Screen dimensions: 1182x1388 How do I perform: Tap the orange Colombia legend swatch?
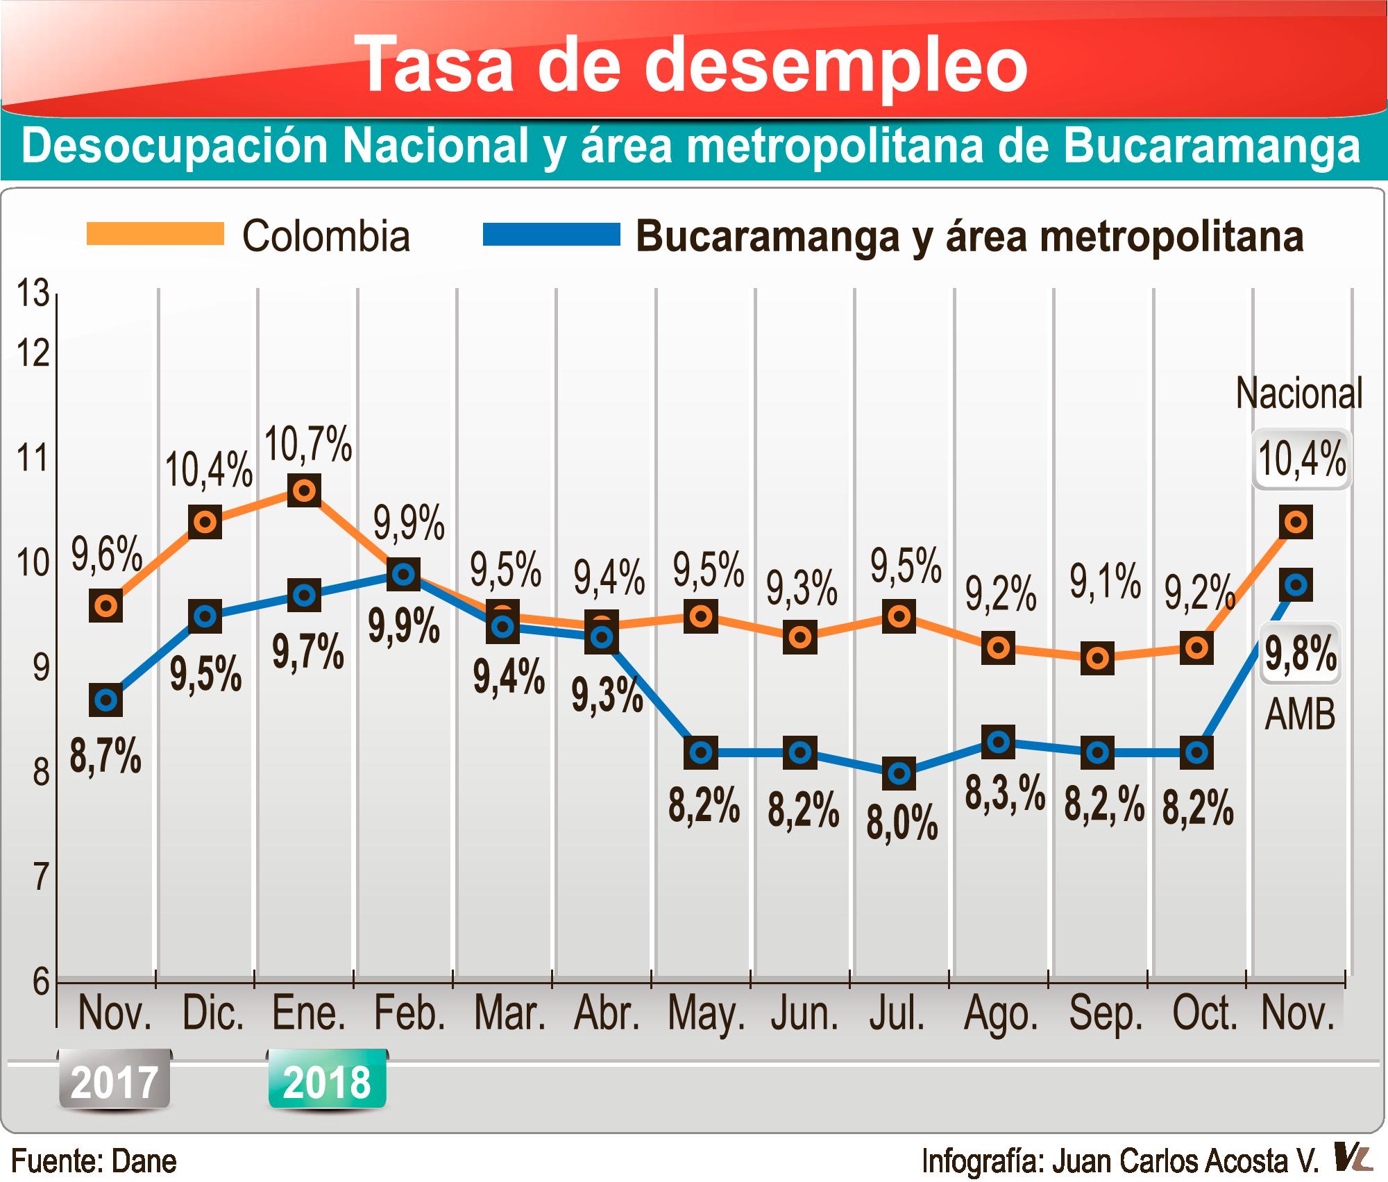click(x=155, y=234)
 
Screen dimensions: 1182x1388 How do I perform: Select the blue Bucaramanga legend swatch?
click(x=552, y=234)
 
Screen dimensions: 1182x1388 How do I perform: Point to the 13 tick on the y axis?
click(x=33, y=294)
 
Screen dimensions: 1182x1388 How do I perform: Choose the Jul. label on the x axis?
click(x=897, y=1014)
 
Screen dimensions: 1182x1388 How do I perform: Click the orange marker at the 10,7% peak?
click(x=304, y=491)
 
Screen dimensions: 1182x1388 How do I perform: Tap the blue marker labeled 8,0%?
click(x=899, y=773)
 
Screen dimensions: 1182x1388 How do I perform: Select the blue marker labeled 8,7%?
click(x=106, y=700)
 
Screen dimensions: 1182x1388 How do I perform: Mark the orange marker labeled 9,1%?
click(x=1097, y=657)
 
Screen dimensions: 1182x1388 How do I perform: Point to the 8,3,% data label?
click(x=1004, y=793)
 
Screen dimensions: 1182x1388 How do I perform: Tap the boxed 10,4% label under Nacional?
click(x=1301, y=459)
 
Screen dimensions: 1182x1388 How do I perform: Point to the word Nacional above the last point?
click(x=1299, y=394)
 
